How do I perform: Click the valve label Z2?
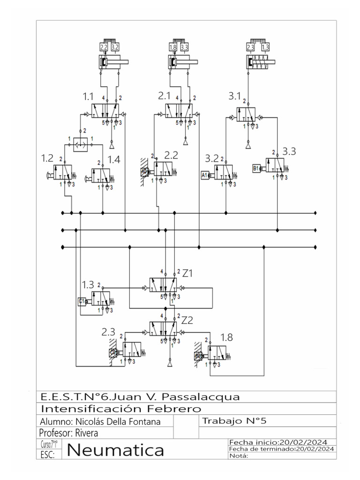[187, 320]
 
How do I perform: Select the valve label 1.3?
[88, 285]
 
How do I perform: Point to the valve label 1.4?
[114, 159]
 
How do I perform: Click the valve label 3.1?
[234, 97]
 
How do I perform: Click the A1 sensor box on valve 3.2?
[205, 175]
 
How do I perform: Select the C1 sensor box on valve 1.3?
[82, 301]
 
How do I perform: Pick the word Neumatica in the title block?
[116, 450]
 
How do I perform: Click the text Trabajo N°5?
[234, 421]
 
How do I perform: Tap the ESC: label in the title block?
[48, 455]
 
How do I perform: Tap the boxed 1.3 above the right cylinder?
[265, 47]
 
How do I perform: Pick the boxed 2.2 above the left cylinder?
[104, 47]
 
